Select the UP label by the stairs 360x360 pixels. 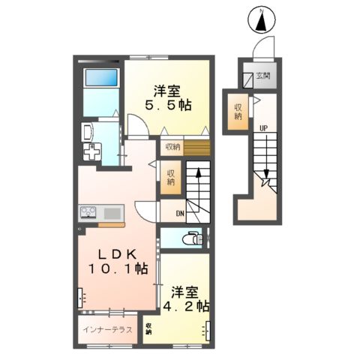pyautogui.click(x=263, y=127)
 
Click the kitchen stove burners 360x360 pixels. pyautogui.click(x=88, y=211)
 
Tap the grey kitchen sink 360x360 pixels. pyautogui.click(x=112, y=211)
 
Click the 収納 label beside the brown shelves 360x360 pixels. pyautogui.click(x=172, y=147)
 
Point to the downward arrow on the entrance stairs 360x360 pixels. pyautogui.click(x=266, y=178)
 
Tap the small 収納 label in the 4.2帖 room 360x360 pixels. pyautogui.click(x=149, y=328)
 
